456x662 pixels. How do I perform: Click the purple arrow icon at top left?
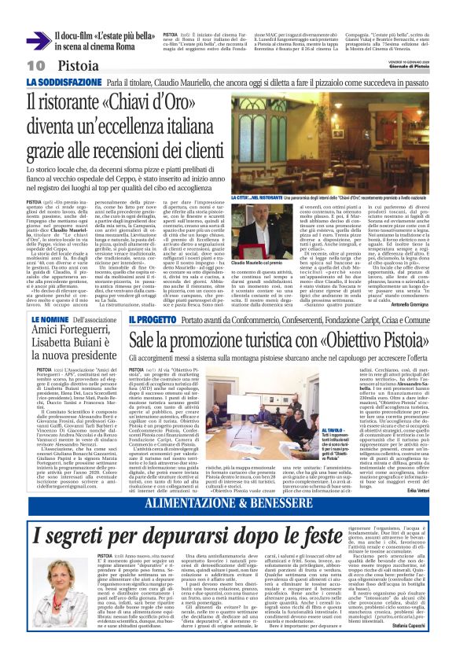[x=38, y=40]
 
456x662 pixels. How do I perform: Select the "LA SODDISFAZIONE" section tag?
[x=76, y=83]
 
